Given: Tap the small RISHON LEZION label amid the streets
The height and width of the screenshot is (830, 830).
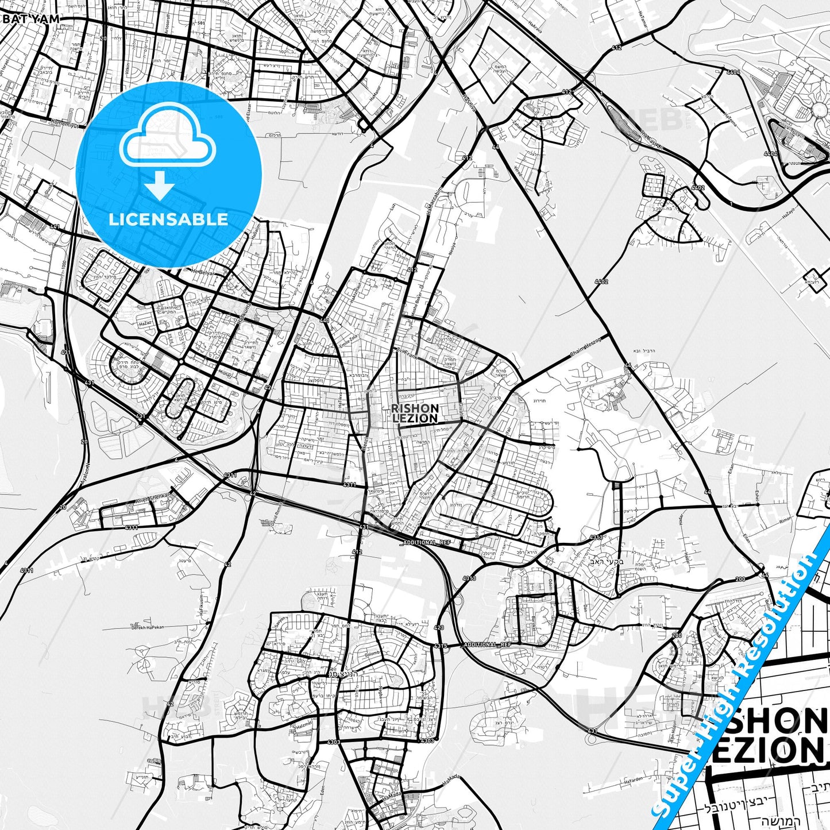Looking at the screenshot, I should [x=415, y=413].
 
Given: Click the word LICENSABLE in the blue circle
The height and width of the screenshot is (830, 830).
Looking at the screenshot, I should [x=168, y=219].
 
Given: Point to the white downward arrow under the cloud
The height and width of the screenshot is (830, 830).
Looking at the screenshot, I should [x=160, y=186].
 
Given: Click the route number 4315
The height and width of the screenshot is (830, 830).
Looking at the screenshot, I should [x=441, y=646].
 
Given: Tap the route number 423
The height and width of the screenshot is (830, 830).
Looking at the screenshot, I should [x=439, y=627].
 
